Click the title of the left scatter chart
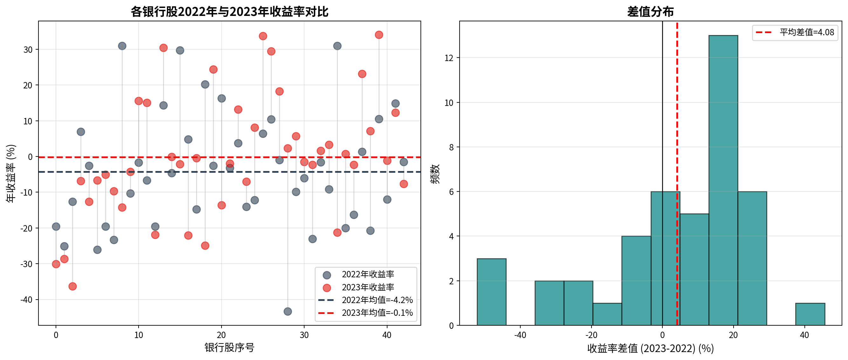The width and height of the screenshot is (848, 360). point(229,11)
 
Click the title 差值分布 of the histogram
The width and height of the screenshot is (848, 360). point(650,11)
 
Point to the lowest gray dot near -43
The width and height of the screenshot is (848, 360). point(287,311)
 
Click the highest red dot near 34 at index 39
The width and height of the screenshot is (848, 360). point(379,35)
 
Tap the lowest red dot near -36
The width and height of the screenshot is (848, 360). point(72,286)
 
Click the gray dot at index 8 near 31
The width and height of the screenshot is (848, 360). point(122,46)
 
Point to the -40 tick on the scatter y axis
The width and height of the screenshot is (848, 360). point(26,300)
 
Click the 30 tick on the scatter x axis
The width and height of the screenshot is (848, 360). point(304,335)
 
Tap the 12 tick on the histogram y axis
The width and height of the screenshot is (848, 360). point(449,58)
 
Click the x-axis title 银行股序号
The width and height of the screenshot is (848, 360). point(229,348)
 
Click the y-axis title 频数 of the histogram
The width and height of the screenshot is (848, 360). point(435,174)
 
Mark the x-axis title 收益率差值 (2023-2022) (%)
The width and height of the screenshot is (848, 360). point(650,348)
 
